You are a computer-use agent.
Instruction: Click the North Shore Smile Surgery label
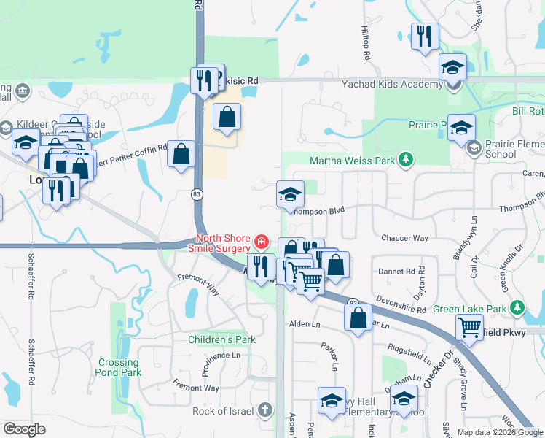tap(222, 245)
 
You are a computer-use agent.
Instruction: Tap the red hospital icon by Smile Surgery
tap(260, 240)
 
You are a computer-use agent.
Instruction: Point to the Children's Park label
tap(221, 339)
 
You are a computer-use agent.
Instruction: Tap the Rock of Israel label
tap(223, 411)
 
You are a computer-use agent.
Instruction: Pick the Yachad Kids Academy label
tap(392, 84)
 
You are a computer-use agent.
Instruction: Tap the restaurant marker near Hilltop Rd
tap(424, 36)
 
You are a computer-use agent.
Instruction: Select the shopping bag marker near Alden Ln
tap(358, 318)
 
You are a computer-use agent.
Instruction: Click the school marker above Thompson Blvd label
tap(290, 194)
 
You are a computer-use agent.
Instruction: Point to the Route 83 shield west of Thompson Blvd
tap(197, 193)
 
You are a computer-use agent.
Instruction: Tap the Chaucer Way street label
tap(404, 238)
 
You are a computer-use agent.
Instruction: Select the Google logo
tap(25, 429)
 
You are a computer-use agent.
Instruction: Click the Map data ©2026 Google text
tap(499, 432)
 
